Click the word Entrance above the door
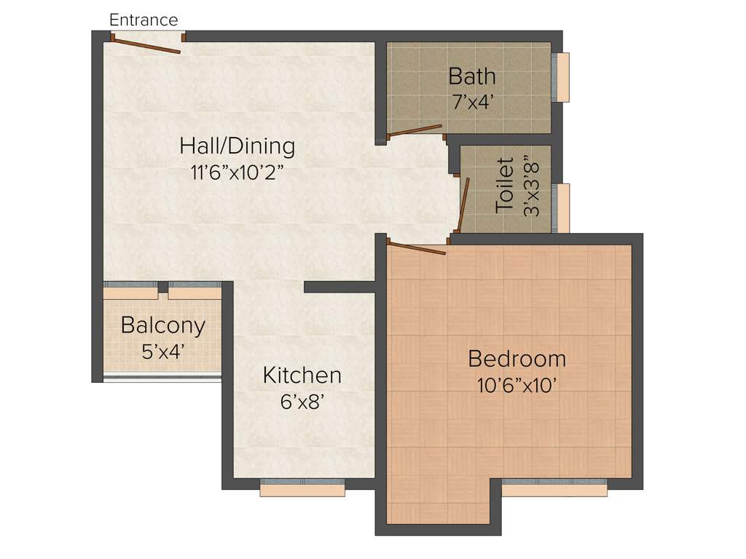[144, 20]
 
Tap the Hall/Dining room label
[237, 146]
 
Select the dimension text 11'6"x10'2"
[237, 173]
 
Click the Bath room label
[472, 76]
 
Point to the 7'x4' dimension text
[473, 102]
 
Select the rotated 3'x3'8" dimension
[532, 189]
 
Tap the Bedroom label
[517, 359]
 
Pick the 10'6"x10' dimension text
[517, 386]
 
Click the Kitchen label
[302, 376]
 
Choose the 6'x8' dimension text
[302, 402]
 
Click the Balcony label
[163, 325]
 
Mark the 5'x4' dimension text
[163, 352]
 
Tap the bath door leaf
[415, 131]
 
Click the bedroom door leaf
[416, 247]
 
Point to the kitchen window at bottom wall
[302, 488]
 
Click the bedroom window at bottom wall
[554, 488]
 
